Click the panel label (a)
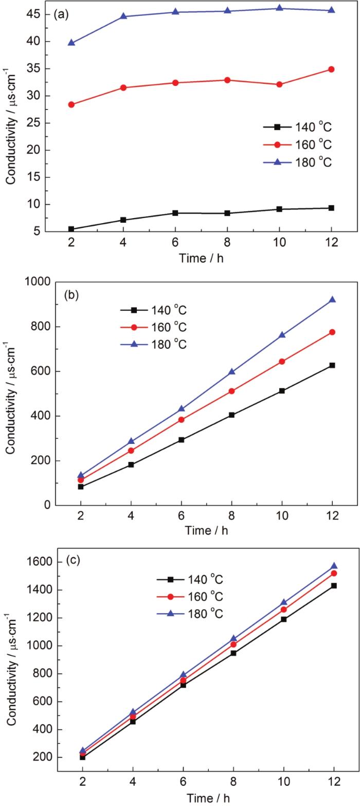pos(62,15)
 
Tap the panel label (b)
pos(71,295)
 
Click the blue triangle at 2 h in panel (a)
pos(71,43)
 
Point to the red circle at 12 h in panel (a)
pos(331,69)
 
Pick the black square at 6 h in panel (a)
pos(175,213)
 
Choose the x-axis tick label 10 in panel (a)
pos(279,244)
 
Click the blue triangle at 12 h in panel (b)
pos(332,299)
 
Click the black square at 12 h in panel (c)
pos(334,585)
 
